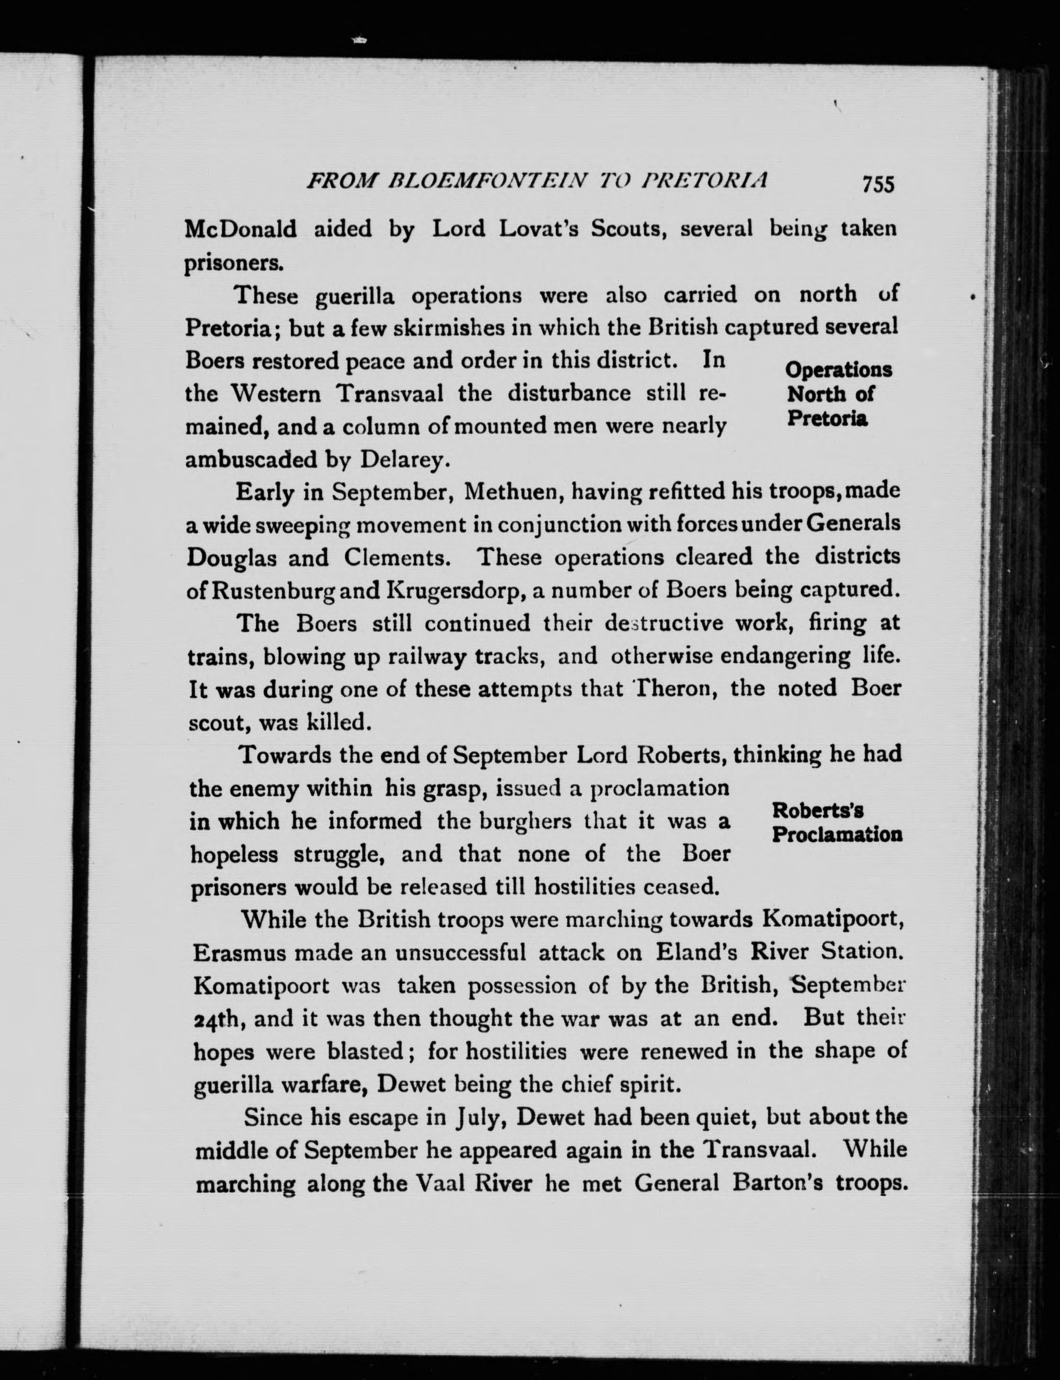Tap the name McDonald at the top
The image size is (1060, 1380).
tap(241, 229)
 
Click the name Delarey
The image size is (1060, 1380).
tap(405, 460)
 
